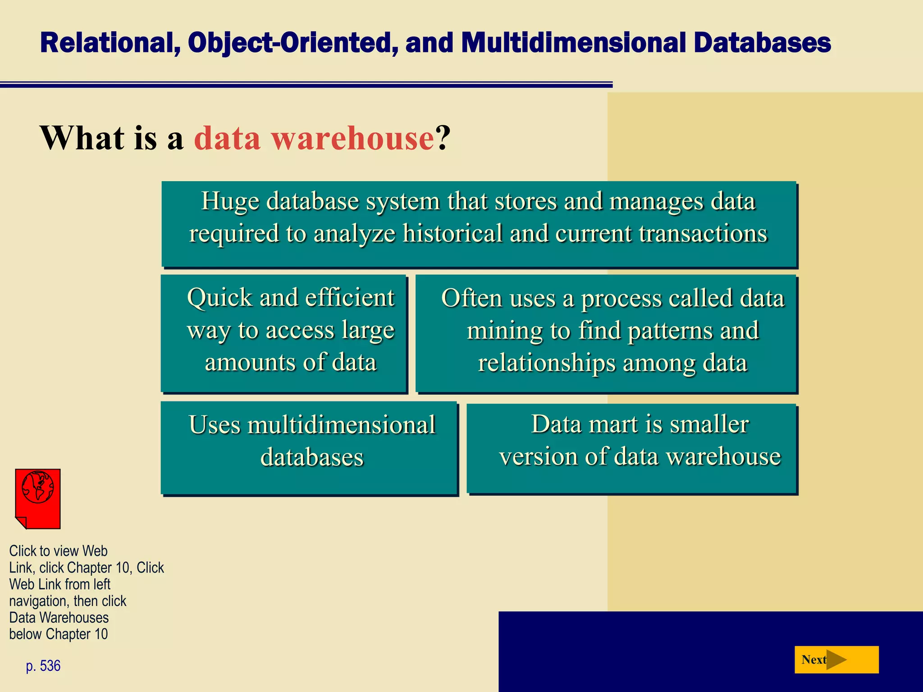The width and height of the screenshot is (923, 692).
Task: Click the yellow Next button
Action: point(836,660)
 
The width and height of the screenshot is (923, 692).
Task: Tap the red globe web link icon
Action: point(38,498)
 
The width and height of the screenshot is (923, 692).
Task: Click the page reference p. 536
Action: point(43,666)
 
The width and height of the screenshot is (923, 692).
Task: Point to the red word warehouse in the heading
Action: point(353,137)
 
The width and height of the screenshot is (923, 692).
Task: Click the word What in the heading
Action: point(82,137)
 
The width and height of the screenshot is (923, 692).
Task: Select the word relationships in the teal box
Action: point(547,363)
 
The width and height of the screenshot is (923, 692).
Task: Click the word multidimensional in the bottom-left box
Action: point(341,424)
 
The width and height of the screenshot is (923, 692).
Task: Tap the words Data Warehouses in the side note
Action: point(59,617)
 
